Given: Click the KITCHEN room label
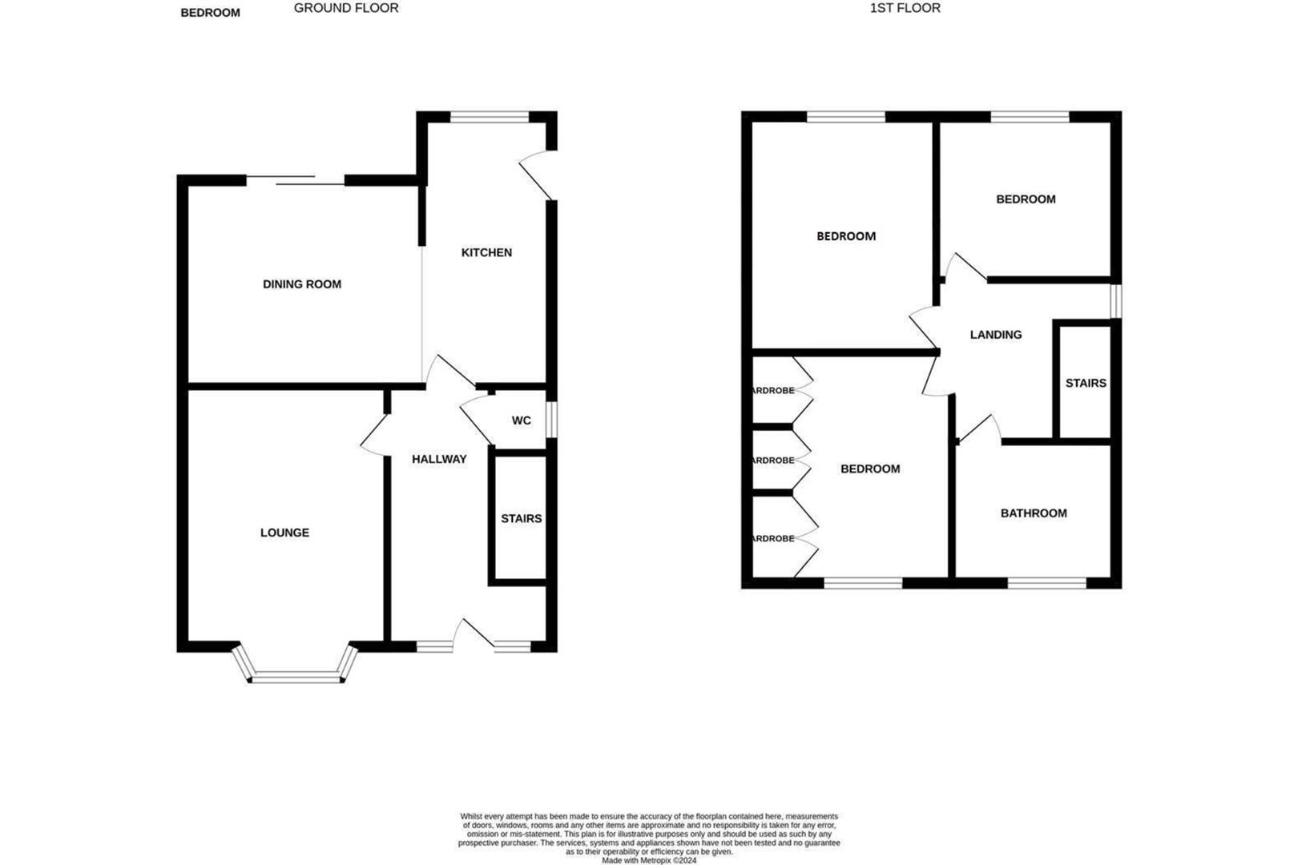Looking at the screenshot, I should click(486, 252).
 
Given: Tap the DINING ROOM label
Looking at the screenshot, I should click(302, 284).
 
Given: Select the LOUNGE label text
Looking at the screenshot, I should click(284, 533).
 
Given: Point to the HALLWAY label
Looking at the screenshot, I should click(439, 459).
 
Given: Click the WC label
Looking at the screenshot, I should click(522, 420).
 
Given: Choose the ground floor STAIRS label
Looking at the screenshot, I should click(522, 519).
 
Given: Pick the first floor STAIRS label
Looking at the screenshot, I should click(1086, 383).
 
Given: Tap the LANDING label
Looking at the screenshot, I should click(996, 335).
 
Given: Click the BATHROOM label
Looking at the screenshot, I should click(1034, 513).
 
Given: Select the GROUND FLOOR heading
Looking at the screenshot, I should click(346, 8).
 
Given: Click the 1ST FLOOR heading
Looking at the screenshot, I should click(905, 8).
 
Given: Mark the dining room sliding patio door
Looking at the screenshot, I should click(295, 181).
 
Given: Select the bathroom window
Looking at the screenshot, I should click(1046, 583).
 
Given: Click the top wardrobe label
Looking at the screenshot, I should click(772, 391).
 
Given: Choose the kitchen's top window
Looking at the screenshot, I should click(490, 117).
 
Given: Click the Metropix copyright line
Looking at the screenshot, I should click(649, 861).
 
